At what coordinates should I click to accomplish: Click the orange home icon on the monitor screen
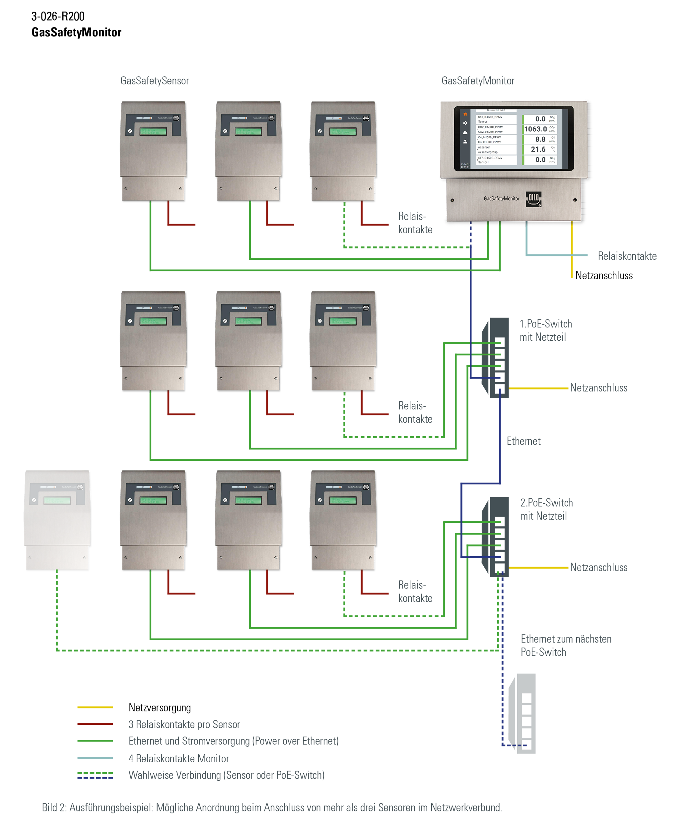tap(465, 114)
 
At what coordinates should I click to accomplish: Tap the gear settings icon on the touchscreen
tap(465, 123)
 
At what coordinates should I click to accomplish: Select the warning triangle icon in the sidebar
tap(465, 133)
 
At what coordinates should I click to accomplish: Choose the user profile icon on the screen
tap(465, 142)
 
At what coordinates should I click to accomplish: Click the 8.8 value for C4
tap(540, 139)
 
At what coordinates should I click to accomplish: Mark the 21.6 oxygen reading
tap(538, 150)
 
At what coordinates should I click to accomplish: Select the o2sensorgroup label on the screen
tap(488, 152)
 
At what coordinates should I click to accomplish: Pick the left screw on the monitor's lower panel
tap(452, 200)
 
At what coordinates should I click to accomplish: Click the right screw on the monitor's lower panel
tap(575, 200)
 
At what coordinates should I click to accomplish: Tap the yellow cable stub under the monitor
tap(572, 224)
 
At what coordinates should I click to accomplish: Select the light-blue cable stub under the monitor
tap(526, 224)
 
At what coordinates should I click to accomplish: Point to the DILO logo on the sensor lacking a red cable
tap(80, 487)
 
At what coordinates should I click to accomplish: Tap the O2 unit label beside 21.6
tap(552, 149)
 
